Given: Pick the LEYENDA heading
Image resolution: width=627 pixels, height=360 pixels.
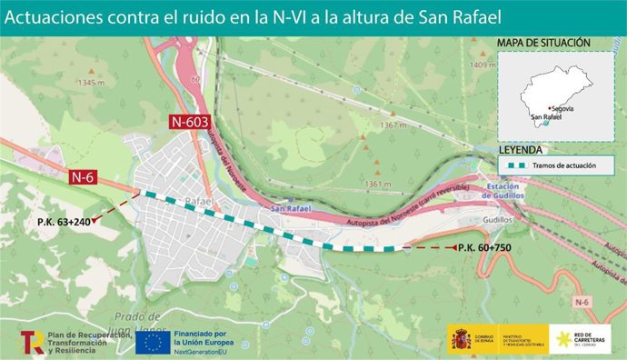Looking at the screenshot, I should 521,149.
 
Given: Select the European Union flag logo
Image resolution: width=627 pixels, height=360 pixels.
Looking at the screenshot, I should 151,342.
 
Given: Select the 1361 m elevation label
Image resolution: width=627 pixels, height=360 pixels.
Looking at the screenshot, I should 379,184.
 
